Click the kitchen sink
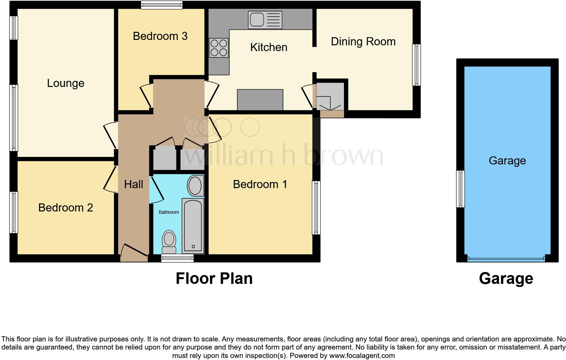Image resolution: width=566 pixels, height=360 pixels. pyautogui.click(x=265, y=20)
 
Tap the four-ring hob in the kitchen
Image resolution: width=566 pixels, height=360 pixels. pyautogui.click(x=219, y=48)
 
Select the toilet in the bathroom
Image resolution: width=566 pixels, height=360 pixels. pyautogui.click(x=169, y=242)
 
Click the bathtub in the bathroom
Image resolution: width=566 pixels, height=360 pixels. pyautogui.click(x=193, y=226)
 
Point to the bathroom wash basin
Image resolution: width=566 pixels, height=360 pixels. pyautogui.click(x=195, y=186)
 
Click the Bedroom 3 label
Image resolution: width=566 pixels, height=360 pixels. pyautogui.click(x=160, y=36)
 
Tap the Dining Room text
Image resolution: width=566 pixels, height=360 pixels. pyautogui.click(x=363, y=42)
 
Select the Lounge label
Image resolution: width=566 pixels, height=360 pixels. pyautogui.click(x=65, y=83)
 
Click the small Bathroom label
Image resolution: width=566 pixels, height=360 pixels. pyautogui.click(x=169, y=212)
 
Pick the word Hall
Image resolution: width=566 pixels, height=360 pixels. pyautogui.click(x=133, y=184)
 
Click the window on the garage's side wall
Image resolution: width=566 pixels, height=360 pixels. pyautogui.click(x=460, y=189)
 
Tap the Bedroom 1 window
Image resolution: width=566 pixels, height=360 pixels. pyautogui.click(x=316, y=207)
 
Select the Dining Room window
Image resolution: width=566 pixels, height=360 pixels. pyautogui.click(x=416, y=65)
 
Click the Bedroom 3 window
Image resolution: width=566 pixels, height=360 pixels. pyautogui.click(x=162, y=5)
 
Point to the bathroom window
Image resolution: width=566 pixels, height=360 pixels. pyautogui.click(x=177, y=258)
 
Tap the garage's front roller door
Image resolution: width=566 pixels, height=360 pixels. pyautogui.click(x=506, y=258)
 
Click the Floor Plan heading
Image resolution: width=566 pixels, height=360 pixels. pyautogui.click(x=214, y=278)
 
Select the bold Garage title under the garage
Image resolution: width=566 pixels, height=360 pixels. pyautogui.click(x=506, y=278)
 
